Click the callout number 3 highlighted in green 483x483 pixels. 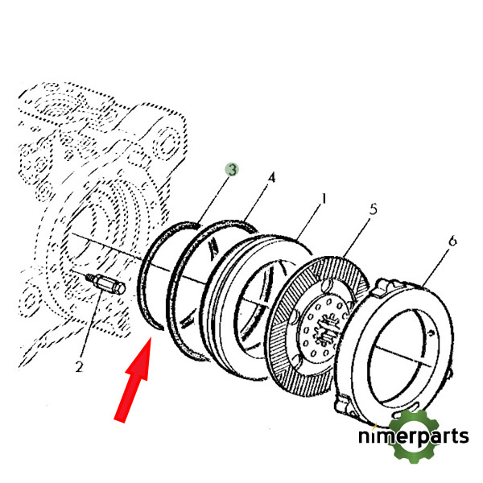[x=232, y=170]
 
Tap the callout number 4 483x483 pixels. [x=271, y=178]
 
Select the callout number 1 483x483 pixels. [x=323, y=199]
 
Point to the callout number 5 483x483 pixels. [x=374, y=208]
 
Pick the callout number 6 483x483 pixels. [x=452, y=241]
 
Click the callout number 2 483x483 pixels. [x=79, y=367]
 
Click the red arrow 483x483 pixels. [x=133, y=380]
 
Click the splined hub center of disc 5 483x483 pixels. [x=325, y=329]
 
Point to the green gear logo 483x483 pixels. [x=414, y=436]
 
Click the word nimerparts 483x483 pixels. [x=414, y=436]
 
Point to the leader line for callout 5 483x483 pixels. [x=357, y=237]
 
